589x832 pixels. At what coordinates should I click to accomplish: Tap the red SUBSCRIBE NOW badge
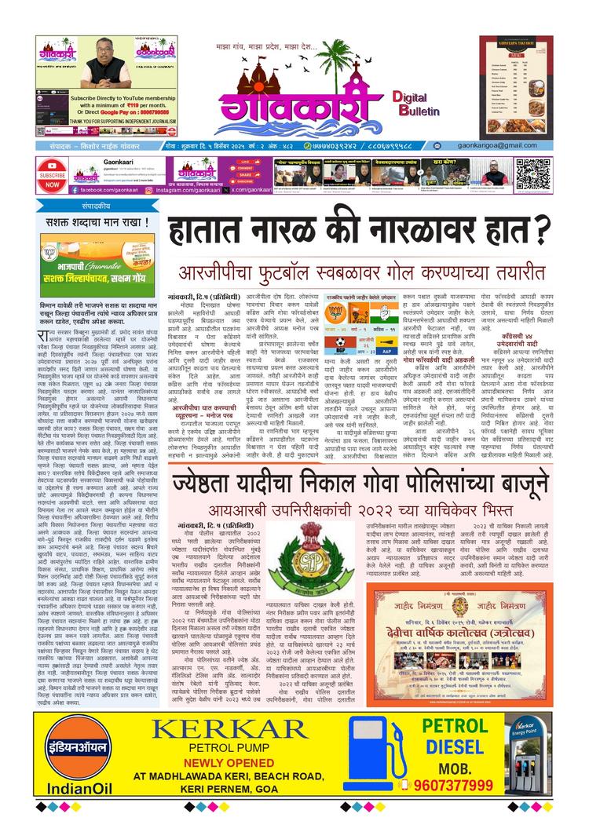pos(51,175)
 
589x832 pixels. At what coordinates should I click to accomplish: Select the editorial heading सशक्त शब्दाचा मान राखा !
pos(93,222)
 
